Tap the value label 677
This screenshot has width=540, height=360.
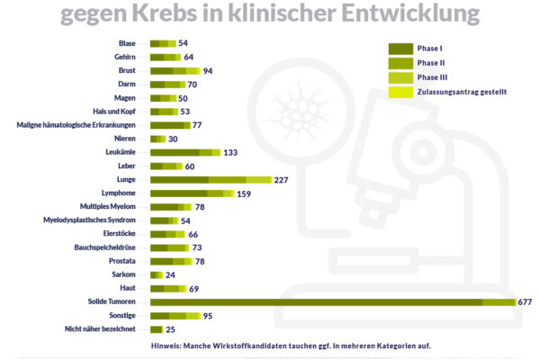tap(526, 302)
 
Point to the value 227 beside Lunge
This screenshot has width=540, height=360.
tap(281, 180)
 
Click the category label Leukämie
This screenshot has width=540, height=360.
tap(121, 153)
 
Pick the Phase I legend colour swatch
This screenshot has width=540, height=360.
tap(400, 48)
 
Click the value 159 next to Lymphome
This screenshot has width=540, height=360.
tap(244, 193)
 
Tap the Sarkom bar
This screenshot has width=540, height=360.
tap(157, 274)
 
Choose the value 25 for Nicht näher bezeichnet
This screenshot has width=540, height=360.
tap(170, 329)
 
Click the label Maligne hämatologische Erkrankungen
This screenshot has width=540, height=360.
tap(76, 125)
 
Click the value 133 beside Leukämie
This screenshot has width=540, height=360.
tap(230, 153)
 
